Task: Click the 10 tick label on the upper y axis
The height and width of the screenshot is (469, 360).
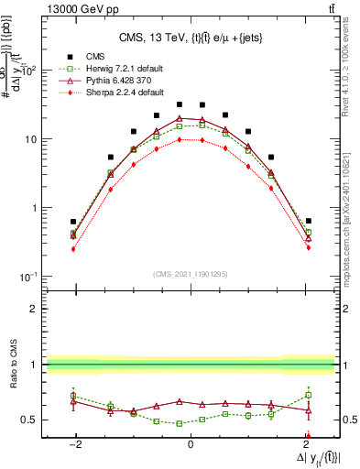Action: pos(31,139)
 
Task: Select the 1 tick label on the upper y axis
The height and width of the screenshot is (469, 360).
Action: pos(35,208)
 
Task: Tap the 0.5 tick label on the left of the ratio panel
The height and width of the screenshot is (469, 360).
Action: pos(29,420)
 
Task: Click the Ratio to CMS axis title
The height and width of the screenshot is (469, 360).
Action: pos(13,365)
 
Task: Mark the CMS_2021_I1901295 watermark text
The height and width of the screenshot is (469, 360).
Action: pos(191,275)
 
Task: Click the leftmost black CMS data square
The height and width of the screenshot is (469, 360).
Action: pos(73,222)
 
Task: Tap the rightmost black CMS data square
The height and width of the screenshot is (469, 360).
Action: pos(309,221)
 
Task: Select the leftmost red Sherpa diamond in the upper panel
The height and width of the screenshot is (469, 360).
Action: pos(73,248)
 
